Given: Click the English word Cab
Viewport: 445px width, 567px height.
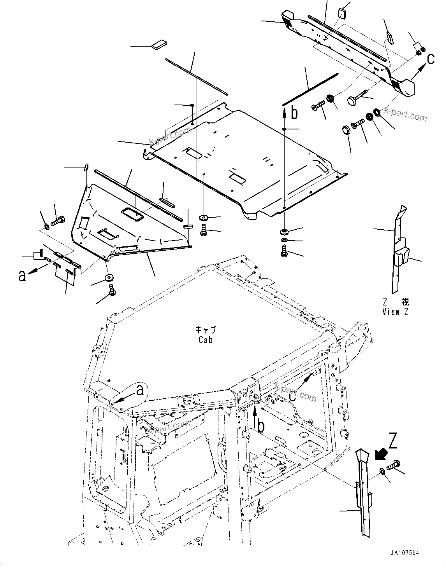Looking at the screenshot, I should [x=205, y=340].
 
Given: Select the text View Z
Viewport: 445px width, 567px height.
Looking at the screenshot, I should [x=396, y=311].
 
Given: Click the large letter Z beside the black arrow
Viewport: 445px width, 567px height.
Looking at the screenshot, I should [x=393, y=441].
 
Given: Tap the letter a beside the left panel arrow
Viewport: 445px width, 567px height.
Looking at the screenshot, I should [x=23, y=275].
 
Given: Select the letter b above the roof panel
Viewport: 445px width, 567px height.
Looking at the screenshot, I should [x=294, y=113].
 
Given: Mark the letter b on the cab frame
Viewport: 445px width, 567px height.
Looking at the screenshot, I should [x=261, y=426].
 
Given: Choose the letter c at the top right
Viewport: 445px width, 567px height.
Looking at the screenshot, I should [x=431, y=59].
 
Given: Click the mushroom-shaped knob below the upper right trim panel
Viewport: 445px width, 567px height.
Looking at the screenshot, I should [x=353, y=101].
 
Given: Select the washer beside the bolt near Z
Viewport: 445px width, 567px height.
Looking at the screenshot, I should [x=382, y=472].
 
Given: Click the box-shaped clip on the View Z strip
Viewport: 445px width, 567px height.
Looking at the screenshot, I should [x=402, y=257].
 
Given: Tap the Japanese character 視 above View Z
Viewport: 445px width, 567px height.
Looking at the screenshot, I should [x=405, y=302].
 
